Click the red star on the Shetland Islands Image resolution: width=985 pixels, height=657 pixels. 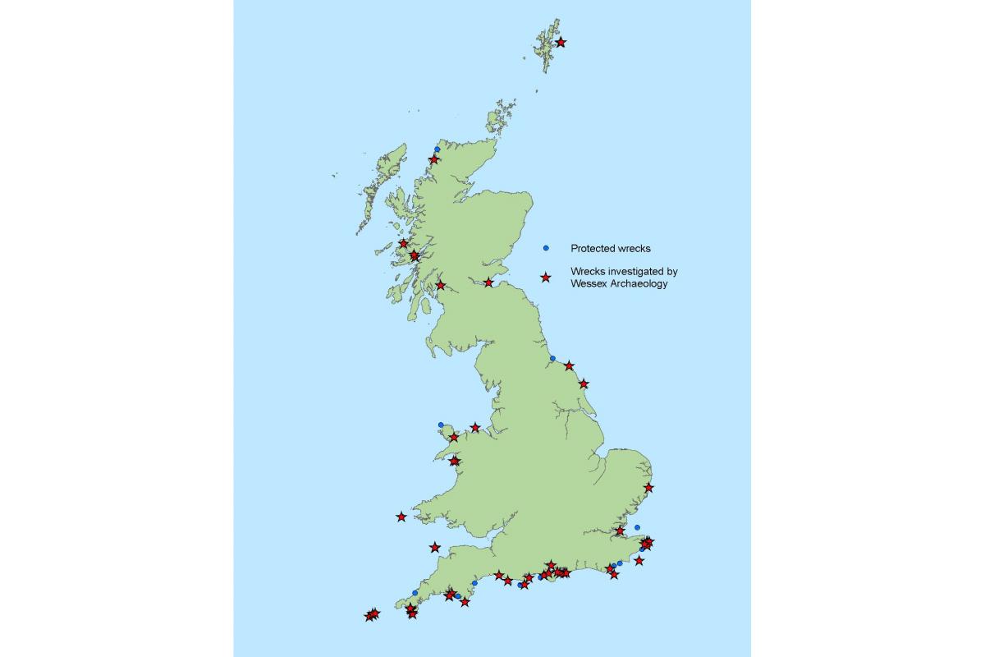click(561, 41)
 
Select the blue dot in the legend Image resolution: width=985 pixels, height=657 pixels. click(545, 247)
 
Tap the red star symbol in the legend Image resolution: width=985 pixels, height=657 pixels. click(545, 278)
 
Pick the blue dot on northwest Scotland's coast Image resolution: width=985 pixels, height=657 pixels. click(438, 149)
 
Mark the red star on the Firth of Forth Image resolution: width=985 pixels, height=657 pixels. click(489, 283)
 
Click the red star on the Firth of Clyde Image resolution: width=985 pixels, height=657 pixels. click(441, 285)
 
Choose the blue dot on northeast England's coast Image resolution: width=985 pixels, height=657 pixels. click(552, 358)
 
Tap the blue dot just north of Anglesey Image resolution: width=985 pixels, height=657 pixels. click(441, 425)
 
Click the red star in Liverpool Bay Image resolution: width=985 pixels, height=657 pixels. click(475, 427)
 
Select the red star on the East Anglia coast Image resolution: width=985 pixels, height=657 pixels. click(648, 487)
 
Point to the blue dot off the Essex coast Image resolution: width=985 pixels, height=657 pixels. click(637, 527)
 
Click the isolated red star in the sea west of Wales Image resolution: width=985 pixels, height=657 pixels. click(401, 517)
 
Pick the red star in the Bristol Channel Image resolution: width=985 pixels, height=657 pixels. click(435, 547)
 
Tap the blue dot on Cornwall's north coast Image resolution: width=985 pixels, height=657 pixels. click(415, 592)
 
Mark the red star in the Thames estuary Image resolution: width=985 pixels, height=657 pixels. click(621, 531)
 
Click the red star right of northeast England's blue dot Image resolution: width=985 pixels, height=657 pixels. click(569, 365)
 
